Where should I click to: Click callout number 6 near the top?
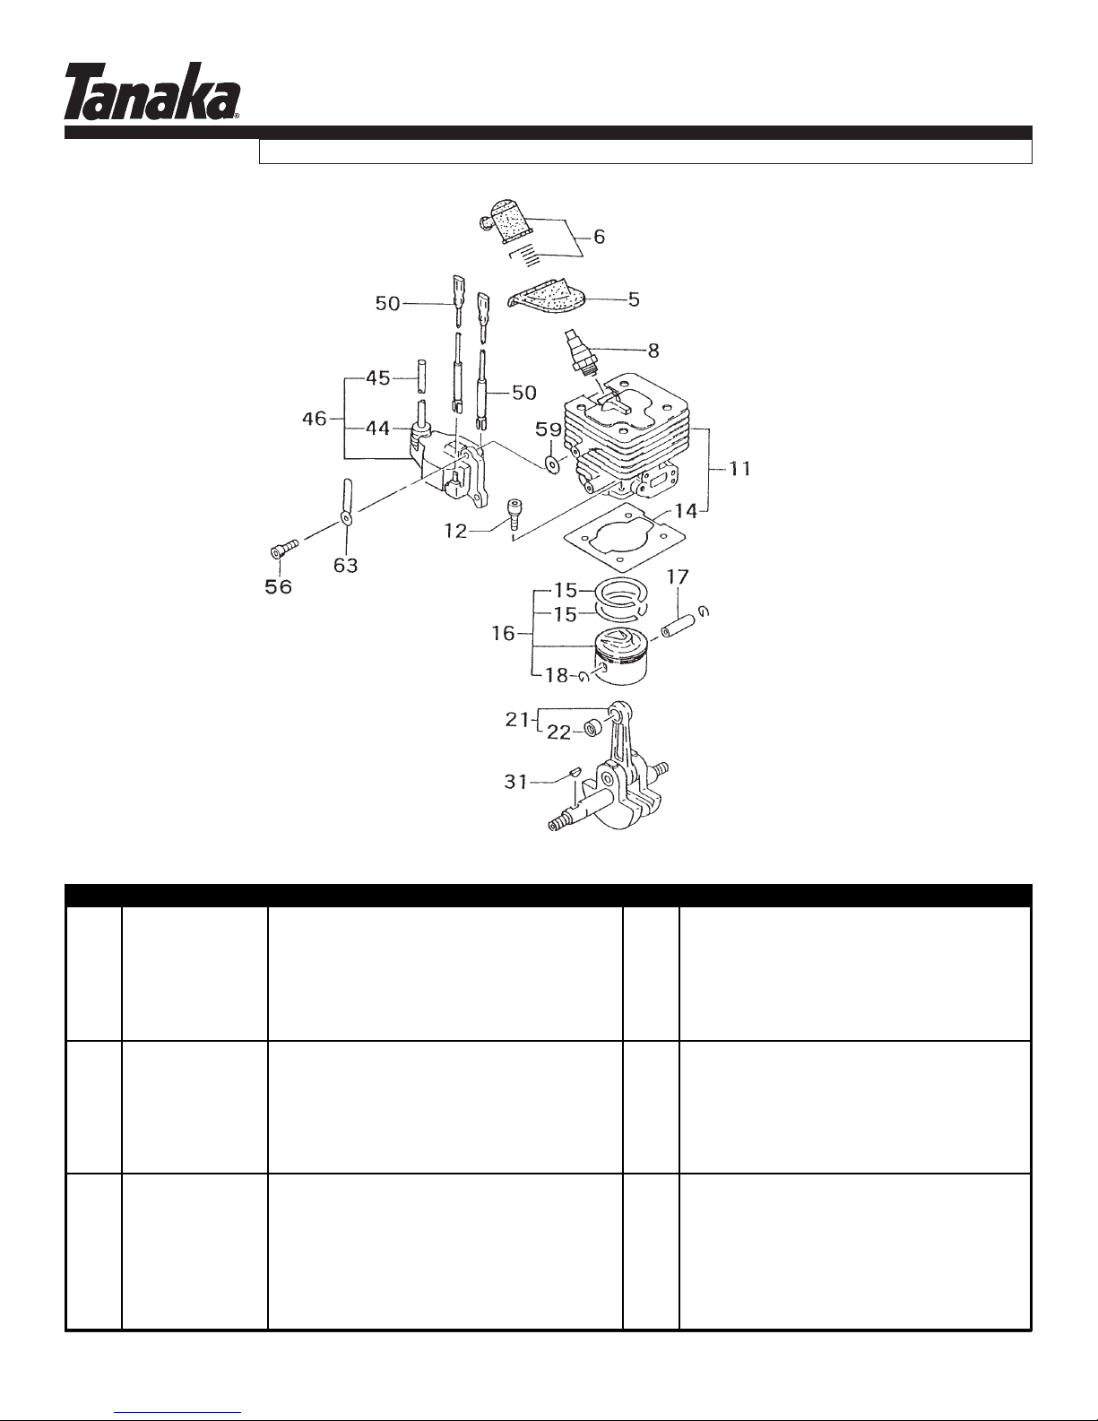click(x=599, y=237)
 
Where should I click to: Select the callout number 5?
click(x=634, y=299)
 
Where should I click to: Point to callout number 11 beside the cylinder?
click(x=740, y=468)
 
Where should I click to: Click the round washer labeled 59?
click(x=549, y=465)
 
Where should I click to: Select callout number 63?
click(x=345, y=565)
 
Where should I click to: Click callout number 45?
click(x=378, y=378)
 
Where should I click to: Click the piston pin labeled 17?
click(x=677, y=623)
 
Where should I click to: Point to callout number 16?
click(x=504, y=633)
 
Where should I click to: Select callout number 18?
click(x=558, y=675)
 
